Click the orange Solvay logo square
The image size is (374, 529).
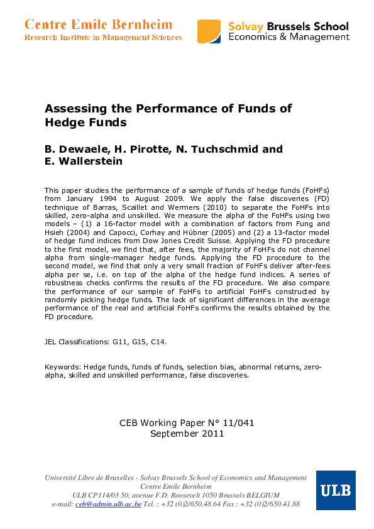coord(209,31)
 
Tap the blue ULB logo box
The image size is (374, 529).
coord(336,490)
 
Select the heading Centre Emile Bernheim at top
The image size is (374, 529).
coord(98,25)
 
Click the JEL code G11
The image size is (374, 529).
coord(121,342)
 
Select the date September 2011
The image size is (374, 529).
coord(187,433)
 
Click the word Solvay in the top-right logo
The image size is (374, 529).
coord(246,26)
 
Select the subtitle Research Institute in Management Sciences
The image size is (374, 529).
coord(103,38)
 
